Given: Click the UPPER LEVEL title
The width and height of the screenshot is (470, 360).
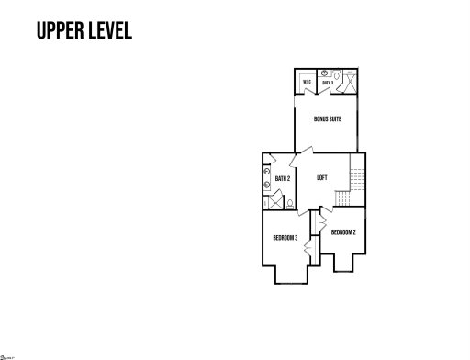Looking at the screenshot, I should point(84,30).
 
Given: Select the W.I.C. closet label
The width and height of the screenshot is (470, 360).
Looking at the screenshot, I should point(308,83).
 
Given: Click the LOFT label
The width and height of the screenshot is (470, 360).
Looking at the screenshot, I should point(322,177).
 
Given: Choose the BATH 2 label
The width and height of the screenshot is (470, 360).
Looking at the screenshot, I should point(283,178).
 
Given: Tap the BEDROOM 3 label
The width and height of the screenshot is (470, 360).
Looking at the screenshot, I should point(285,239).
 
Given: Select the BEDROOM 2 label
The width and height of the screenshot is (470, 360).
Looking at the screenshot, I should point(343,231).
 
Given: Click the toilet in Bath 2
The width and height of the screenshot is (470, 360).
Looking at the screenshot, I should point(289,204).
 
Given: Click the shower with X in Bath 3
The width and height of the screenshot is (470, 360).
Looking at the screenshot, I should point(348,80).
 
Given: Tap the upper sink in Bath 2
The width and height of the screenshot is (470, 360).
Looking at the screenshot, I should point(266,170).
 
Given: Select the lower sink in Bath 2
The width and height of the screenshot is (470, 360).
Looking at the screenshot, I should point(266,184).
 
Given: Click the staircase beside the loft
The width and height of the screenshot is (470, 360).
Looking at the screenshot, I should point(356,179).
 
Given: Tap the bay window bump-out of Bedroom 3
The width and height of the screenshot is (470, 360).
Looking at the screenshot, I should point(290,276).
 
